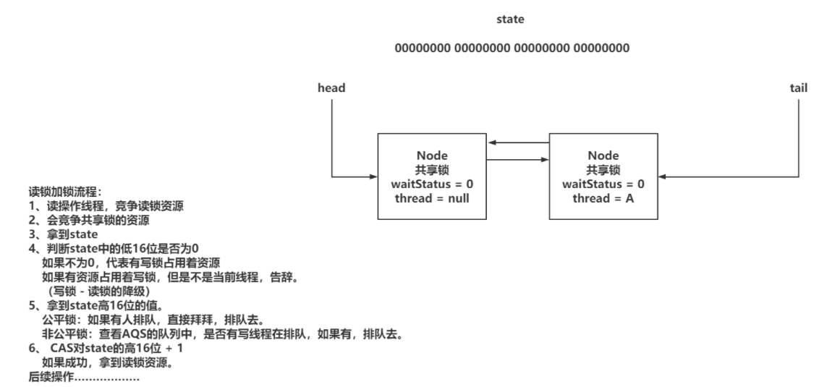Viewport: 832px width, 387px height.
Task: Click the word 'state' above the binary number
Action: coord(510,19)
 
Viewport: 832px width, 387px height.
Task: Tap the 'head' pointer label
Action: coord(331,88)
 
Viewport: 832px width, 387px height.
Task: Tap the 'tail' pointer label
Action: coord(799,88)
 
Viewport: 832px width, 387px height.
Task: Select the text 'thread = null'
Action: coord(432,198)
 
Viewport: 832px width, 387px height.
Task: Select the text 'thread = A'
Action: coord(603,198)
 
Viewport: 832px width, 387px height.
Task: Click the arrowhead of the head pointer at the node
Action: coord(374,177)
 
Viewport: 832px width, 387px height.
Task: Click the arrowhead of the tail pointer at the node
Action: coord(662,177)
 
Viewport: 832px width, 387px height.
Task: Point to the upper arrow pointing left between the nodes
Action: coord(518,143)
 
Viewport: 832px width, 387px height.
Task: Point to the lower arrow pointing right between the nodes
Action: coord(518,159)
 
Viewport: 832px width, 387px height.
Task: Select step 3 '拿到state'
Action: coord(63,234)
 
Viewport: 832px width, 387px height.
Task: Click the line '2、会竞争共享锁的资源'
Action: coord(89,221)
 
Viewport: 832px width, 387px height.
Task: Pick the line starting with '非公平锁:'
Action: coord(223,334)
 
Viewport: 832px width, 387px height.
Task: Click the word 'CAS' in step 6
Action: coord(61,349)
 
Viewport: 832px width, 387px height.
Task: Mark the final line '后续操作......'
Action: coord(84,378)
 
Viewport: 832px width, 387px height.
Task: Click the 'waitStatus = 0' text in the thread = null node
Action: coord(432,184)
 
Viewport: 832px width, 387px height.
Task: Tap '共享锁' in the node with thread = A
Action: coord(603,170)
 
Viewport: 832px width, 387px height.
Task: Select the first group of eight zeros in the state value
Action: coord(423,48)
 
